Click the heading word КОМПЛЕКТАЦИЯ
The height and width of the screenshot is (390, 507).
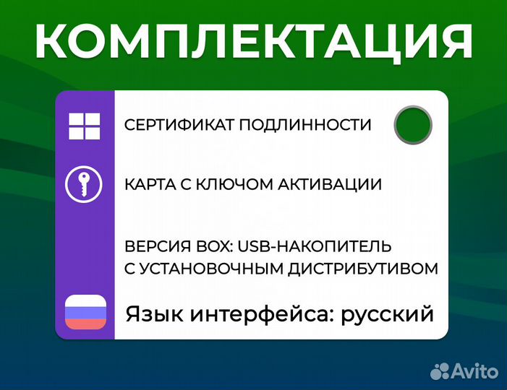coord(253,42)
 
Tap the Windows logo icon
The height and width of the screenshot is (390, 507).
coord(85,126)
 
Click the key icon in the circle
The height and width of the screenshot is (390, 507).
coord(85,184)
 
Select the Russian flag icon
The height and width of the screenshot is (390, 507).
coord(85,313)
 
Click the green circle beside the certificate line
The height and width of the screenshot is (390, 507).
coord(413,124)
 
